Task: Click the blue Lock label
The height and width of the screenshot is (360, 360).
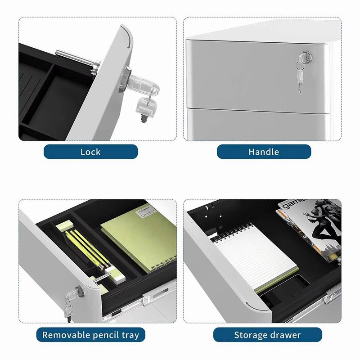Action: (91, 152)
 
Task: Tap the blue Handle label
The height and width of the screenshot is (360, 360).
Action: (264, 152)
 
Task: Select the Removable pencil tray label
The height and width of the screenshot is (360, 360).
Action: (91, 335)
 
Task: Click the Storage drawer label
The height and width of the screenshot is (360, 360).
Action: (267, 335)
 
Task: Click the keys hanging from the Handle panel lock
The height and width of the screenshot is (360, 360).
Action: (300, 73)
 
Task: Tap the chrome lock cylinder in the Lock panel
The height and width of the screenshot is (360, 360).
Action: (124, 79)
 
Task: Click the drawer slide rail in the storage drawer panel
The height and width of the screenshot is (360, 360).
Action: (333, 297)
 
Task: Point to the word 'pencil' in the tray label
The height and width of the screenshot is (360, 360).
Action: (106, 335)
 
